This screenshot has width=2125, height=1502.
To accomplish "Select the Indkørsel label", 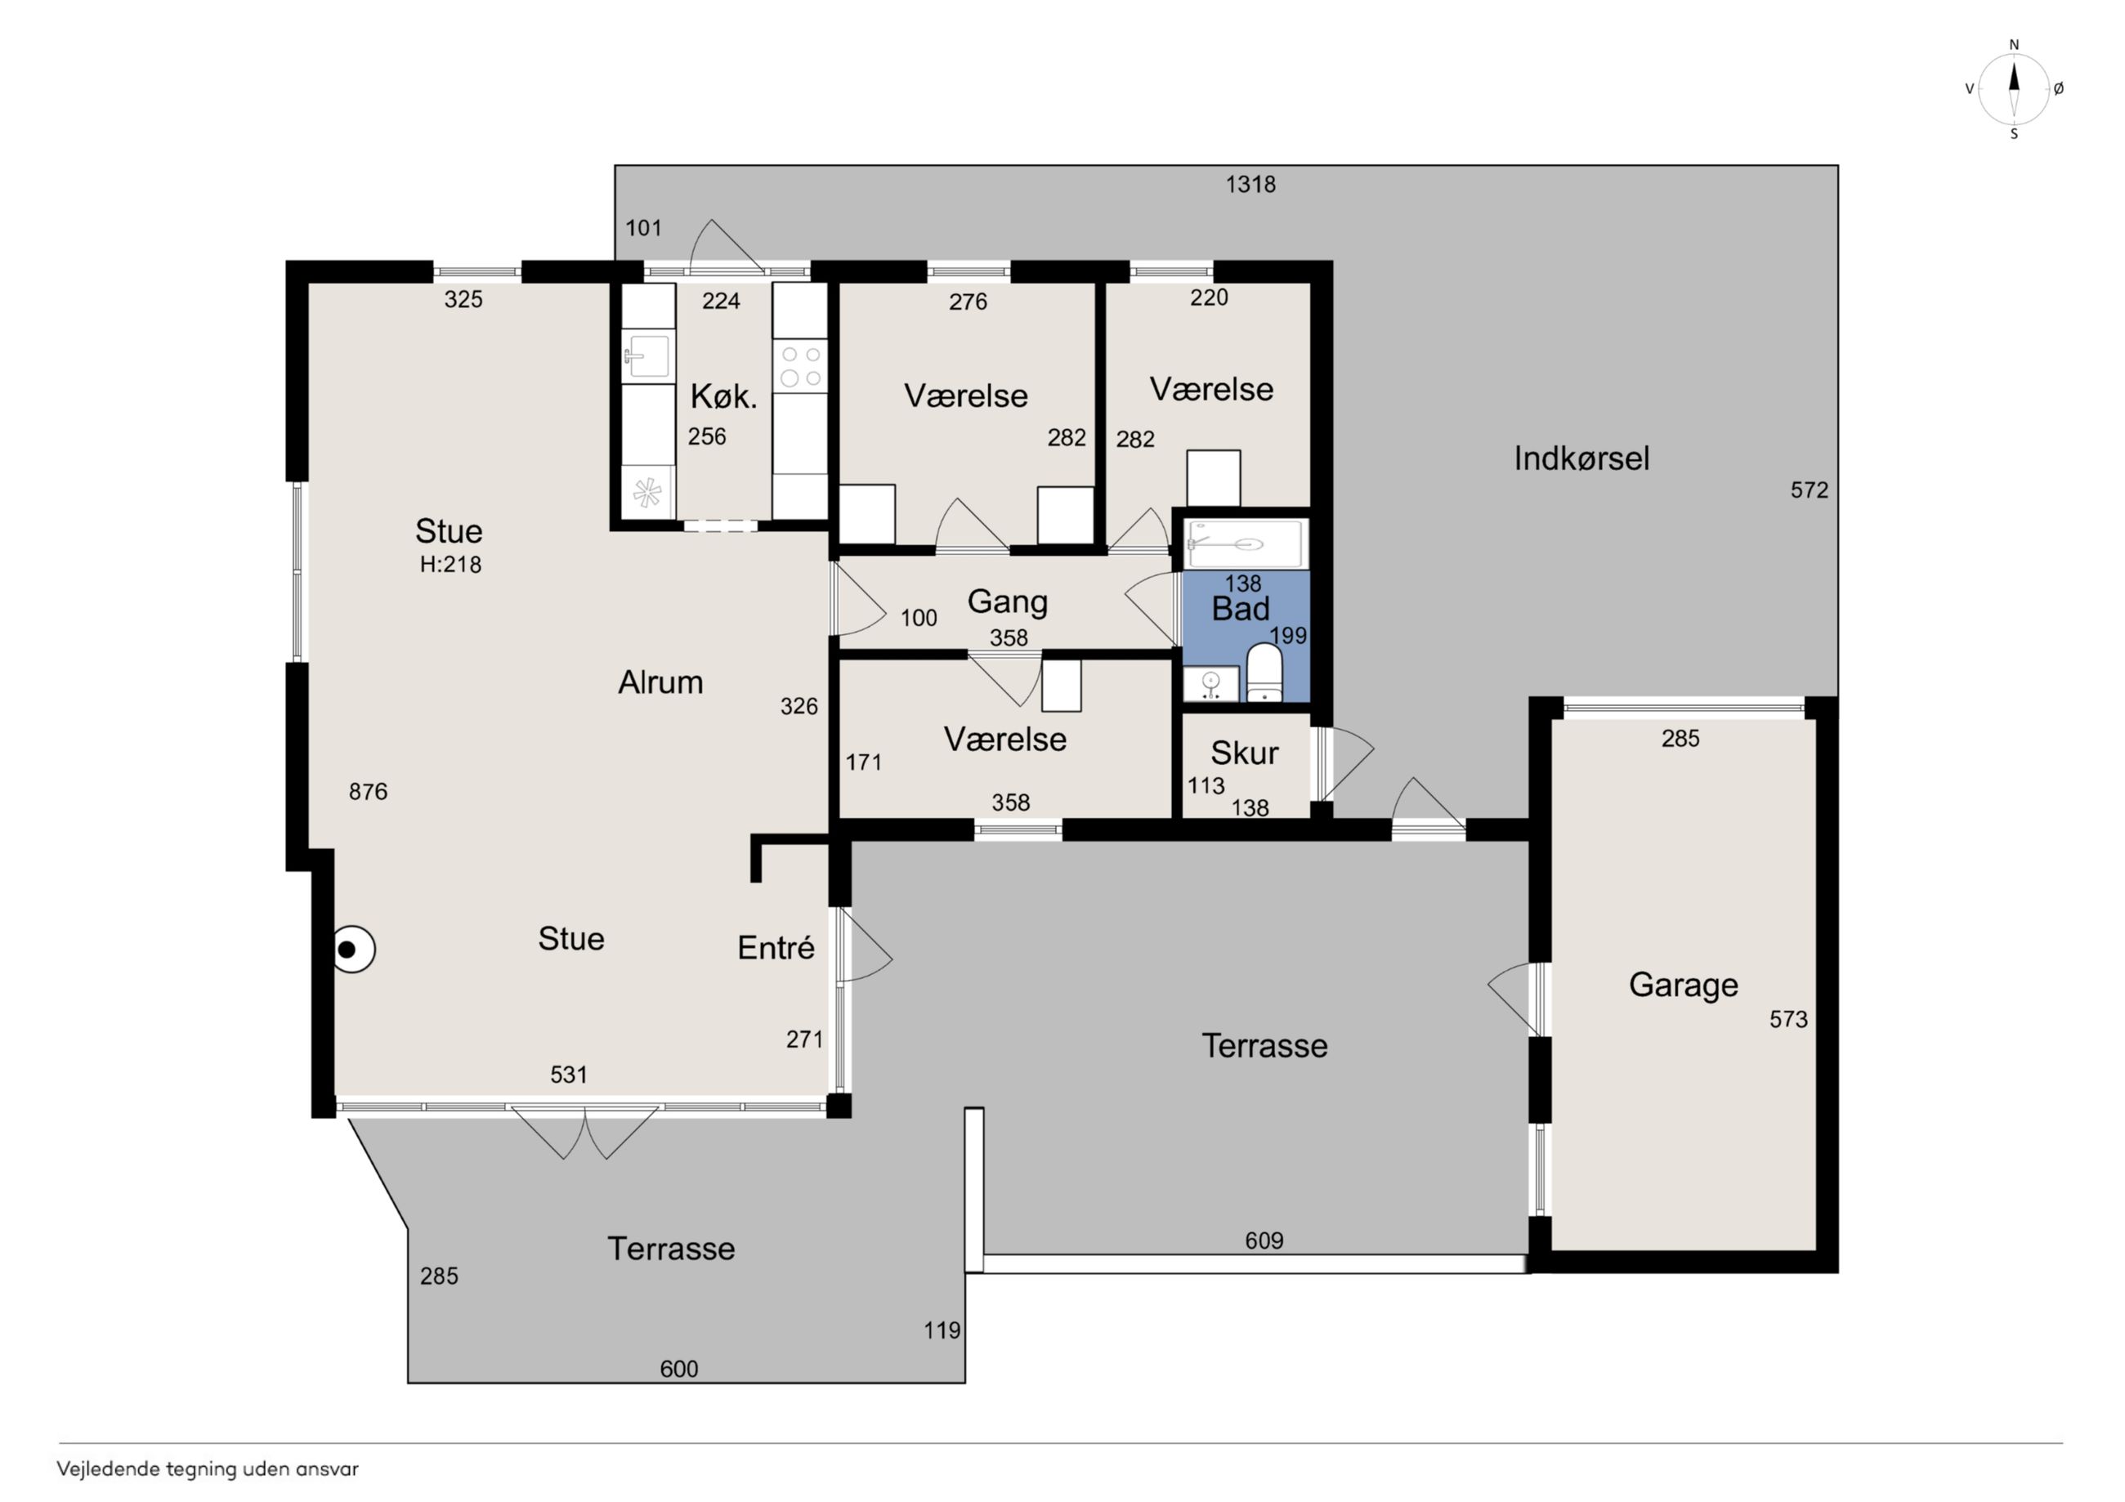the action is click(1581, 458).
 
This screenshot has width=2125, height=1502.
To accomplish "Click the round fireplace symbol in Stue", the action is click(354, 950).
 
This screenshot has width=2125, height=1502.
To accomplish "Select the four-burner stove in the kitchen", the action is click(801, 365).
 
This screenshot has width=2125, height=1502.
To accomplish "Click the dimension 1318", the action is click(1250, 184).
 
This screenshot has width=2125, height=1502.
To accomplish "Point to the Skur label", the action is click(1244, 753).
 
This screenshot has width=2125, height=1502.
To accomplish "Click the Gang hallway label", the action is click(1007, 601).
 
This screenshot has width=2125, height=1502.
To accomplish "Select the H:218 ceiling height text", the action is click(450, 564).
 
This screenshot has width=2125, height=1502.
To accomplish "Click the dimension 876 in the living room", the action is click(369, 791).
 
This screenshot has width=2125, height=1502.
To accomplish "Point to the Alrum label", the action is click(661, 683).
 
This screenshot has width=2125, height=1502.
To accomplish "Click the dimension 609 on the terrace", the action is click(1264, 1240).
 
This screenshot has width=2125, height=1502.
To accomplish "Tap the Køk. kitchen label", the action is click(724, 397).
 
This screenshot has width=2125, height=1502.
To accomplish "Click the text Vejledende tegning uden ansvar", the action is click(208, 1468).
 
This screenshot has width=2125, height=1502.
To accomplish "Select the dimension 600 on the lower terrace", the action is click(678, 1369).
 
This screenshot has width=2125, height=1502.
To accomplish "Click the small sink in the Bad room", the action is click(1211, 683).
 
